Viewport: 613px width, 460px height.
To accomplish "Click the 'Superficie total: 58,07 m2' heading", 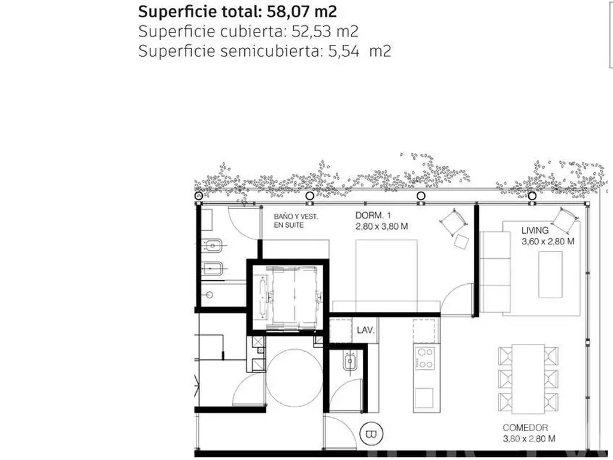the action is click(x=237, y=12).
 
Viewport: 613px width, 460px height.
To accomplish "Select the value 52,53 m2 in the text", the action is click(x=325, y=32).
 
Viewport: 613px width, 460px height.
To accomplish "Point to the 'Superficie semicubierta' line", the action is click(x=265, y=52).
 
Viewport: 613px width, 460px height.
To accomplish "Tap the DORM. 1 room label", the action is click(x=373, y=215).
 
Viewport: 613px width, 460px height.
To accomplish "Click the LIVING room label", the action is click(x=535, y=231).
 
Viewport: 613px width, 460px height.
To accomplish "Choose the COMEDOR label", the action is click(x=525, y=428).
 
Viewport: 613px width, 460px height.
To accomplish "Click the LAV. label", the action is click(x=366, y=330).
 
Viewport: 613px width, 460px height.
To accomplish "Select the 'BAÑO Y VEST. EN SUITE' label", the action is click(x=296, y=221).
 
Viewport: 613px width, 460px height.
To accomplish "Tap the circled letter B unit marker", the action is click(x=371, y=434).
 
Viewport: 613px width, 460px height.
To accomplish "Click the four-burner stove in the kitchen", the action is click(x=425, y=358).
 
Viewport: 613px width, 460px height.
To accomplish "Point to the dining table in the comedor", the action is click(x=528, y=379).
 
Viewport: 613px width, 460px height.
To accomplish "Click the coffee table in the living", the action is click(x=551, y=274).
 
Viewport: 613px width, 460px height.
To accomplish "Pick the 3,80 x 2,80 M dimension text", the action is click(x=529, y=439).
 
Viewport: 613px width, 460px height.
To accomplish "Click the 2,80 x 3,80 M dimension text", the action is click(x=381, y=226).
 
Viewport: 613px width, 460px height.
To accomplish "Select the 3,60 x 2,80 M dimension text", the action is click(x=548, y=241).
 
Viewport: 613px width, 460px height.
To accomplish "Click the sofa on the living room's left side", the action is click(x=495, y=272).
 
